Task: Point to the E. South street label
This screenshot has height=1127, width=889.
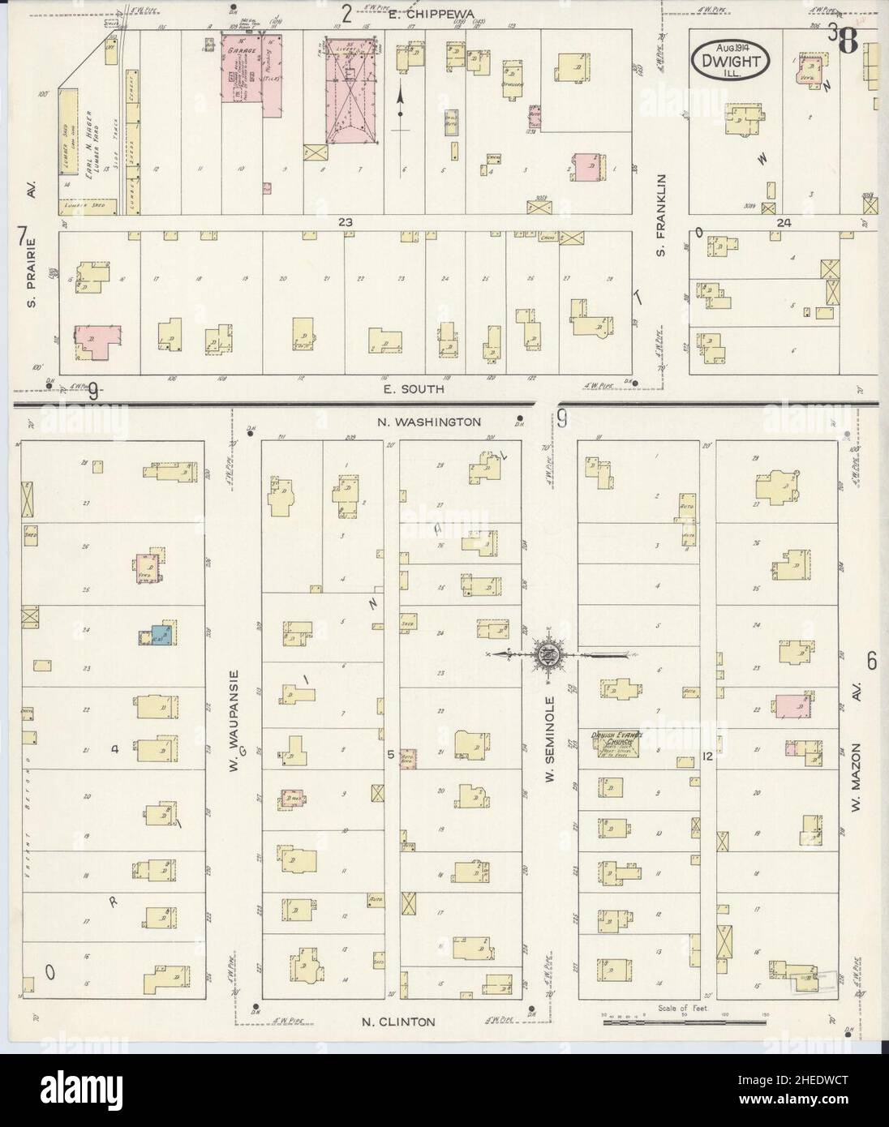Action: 414,388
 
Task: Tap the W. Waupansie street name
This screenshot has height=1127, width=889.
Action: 233,718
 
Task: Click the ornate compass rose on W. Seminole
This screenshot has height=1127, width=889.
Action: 548,653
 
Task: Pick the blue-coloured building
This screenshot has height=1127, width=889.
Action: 159,634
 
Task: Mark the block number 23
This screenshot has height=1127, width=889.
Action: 347,221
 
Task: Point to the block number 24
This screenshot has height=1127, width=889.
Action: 782,221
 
